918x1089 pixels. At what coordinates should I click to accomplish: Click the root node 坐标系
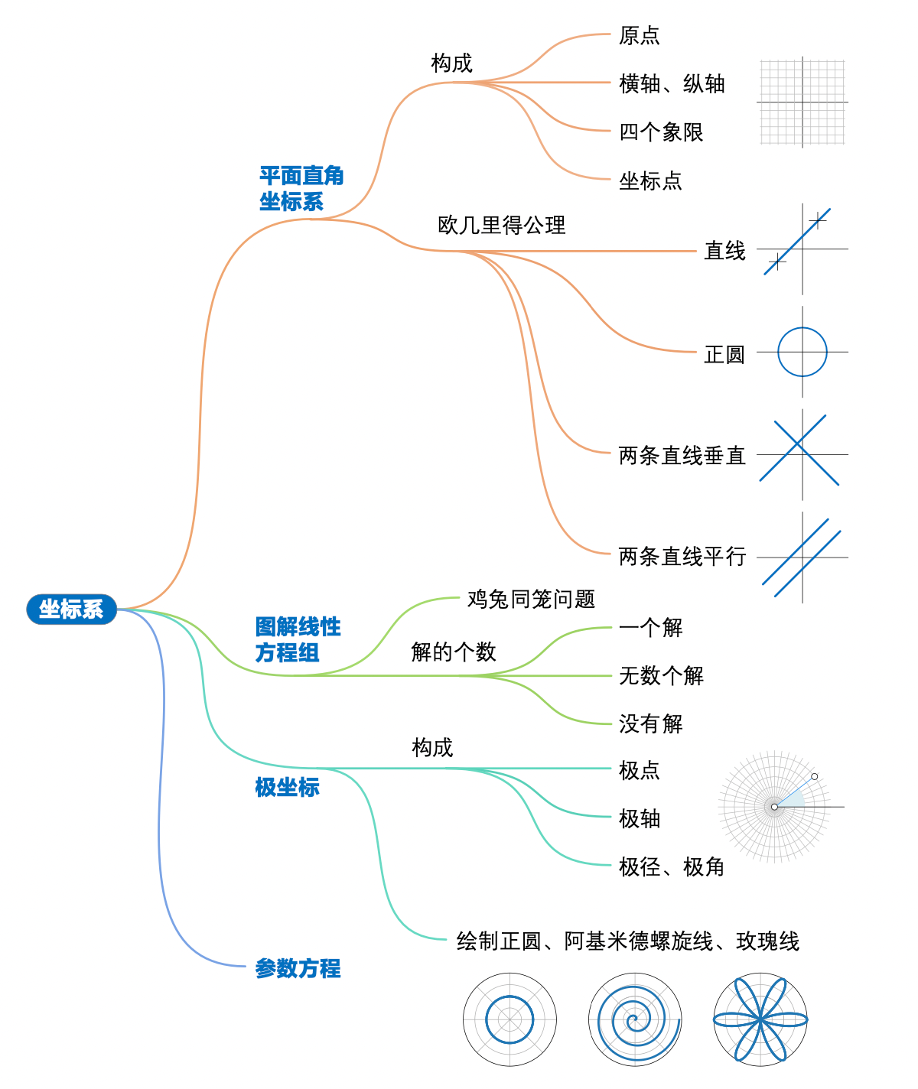[71, 610]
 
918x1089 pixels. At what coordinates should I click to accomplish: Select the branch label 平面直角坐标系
[301, 189]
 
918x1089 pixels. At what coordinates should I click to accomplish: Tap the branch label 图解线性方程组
[297, 640]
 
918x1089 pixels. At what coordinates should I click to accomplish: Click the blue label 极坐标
[287, 787]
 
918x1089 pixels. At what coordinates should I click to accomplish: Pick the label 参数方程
[298, 969]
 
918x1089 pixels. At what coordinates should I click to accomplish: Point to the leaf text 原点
[639, 35]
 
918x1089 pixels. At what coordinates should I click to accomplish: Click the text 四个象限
[661, 132]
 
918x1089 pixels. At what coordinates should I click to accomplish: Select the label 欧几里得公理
[501, 225]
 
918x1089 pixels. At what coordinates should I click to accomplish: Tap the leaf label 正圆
[724, 354]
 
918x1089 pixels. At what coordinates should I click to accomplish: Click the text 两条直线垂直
[682, 456]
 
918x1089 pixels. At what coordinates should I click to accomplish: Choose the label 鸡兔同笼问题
[531, 599]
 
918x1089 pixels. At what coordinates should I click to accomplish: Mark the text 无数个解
[661, 676]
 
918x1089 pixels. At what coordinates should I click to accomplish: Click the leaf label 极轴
[639, 818]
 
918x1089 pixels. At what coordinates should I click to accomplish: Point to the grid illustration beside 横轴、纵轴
[802, 102]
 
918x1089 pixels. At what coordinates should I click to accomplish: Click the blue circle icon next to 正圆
[802, 352]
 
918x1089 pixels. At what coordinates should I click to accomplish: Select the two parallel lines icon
[802, 558]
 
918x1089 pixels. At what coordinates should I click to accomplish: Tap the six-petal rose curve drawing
[760, 1019]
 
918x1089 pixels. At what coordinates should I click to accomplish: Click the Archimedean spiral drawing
[635, 1019]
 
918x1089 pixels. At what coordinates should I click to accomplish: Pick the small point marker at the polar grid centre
[774, 807]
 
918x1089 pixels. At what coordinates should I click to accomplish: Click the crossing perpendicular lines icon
[799, 450]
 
